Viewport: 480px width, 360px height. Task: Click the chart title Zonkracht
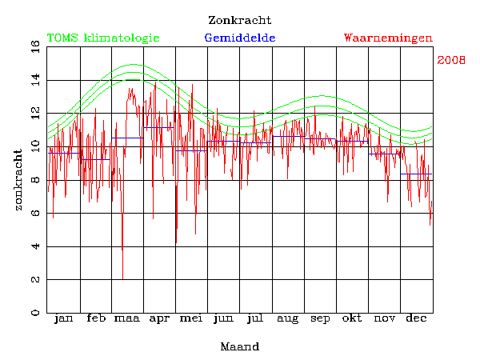click(239, 20)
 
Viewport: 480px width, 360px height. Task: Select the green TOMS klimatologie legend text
click(103, 38)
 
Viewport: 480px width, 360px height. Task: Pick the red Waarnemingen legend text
click(388, 38)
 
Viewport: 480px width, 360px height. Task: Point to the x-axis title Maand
click(239, 346)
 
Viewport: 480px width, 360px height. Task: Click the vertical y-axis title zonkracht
click(18, 179)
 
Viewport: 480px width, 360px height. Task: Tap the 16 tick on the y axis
click(13, 47)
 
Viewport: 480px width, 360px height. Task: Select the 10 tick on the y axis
click(13, 146)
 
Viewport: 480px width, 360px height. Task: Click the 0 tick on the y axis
click(13, 313)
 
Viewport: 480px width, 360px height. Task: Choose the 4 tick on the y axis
click(13, 246)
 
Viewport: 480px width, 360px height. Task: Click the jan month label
click(63, 319)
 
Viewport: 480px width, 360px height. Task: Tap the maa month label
click(126, 319)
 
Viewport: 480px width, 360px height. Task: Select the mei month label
click(191, 319)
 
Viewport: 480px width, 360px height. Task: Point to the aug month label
click(288, 319)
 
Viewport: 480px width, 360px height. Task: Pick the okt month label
click(352, 319)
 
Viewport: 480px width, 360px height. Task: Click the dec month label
click(416, 319)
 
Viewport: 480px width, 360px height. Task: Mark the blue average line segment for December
click(417, 174)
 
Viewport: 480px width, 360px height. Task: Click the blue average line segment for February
click(95, 159)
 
